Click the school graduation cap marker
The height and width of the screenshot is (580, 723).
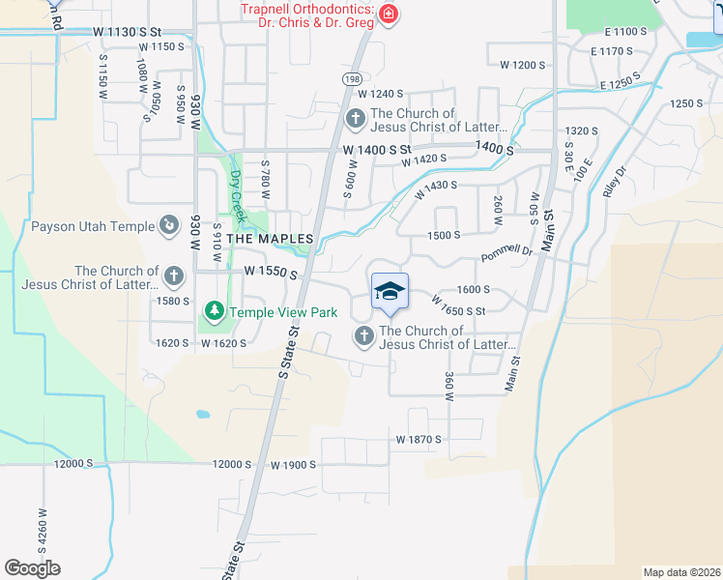coord(390,292)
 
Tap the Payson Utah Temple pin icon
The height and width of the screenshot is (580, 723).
coord(169,226)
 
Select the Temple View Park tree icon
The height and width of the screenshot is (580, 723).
coord(212,312)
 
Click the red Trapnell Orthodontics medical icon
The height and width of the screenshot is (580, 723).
coord(388,14)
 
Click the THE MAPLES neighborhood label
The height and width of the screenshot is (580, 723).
coord(270,239)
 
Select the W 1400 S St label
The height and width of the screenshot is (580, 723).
coord(377,151)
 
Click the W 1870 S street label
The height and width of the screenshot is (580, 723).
coord(419,439)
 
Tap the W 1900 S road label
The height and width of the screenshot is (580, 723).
coord(294,465)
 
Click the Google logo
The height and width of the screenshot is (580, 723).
coord(32,568)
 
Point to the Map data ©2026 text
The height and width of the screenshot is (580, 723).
coord(681,571)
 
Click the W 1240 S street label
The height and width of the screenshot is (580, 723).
coord(380,94)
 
